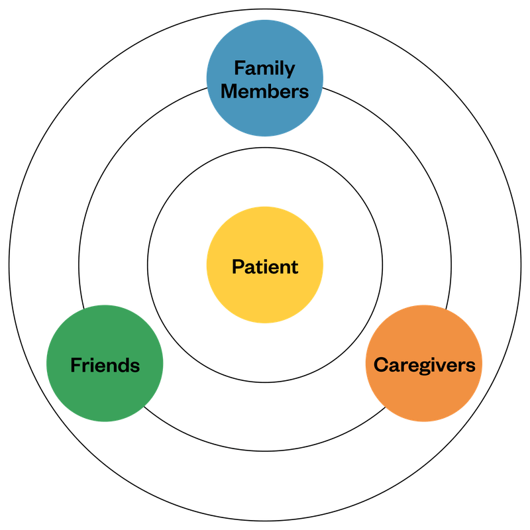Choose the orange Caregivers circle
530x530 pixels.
(x=424, y=394)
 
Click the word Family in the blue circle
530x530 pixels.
(x=264, y=68)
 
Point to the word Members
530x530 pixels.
(x=264, y=91)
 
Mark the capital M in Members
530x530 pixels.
(x=229, y=91)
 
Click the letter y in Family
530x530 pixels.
(x=290, y=70)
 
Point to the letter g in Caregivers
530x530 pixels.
(x=419, y=366)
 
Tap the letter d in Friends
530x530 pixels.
(x=125, y=364)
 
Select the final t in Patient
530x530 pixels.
(x=294, y=267)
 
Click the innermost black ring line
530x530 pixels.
(x=147, y=265)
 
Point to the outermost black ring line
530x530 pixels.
(x=9, y=265)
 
